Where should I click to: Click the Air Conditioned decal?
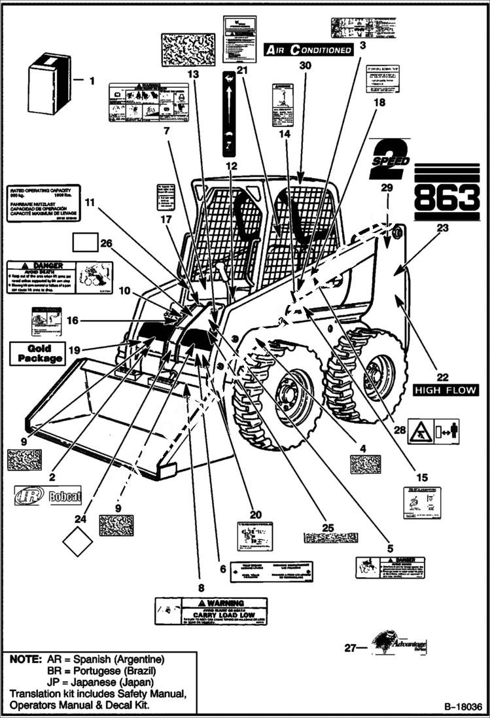pyautogui.click(x=308, y=49)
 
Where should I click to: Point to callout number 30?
pyautogui.click(x=304, y=66)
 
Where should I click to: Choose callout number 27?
pyautogui.click(x=351, y=648)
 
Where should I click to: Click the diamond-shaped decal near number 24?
pyautogui.click(x=78, y=541)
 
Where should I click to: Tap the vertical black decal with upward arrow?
pyautogui.click(x=229, y=115)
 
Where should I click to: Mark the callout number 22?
pyautogui.click(x=443, y=376)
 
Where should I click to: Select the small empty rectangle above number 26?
pyautogui.click(x=84, y=245)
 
